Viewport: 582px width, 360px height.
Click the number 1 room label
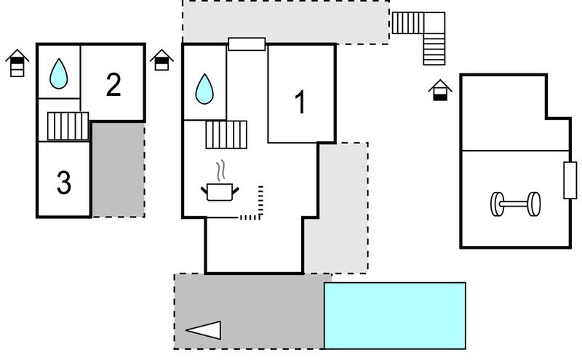click(x=300, y=102)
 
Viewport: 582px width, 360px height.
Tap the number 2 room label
click(x=113, y=84)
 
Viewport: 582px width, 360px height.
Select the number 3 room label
click(x=64, y=182)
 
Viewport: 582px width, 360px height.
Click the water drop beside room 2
click(x=59, y=74)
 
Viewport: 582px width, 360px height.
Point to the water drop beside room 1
click(x=204, y=89)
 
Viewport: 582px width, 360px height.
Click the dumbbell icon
click(x=515, y=204)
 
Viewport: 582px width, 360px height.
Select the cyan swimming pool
click(x=395, y=316)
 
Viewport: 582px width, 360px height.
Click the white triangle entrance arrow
click(x=204, y=330)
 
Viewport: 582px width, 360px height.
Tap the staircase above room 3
click(x=68, y=127)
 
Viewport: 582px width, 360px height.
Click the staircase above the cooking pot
click(x=226, y=135)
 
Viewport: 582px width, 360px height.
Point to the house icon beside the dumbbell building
click(x=440, y=90)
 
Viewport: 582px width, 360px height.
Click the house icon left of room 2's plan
click(x=17, y=63)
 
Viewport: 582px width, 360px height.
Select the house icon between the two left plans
click(x=162, y=60)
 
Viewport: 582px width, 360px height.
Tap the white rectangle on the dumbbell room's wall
click(x=570, y=180)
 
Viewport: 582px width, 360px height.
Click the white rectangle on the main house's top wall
click(x=247, y=44)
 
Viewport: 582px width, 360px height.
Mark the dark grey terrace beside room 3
click(x=118, y=169)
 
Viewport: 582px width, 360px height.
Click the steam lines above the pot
click(x=221, y=170)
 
